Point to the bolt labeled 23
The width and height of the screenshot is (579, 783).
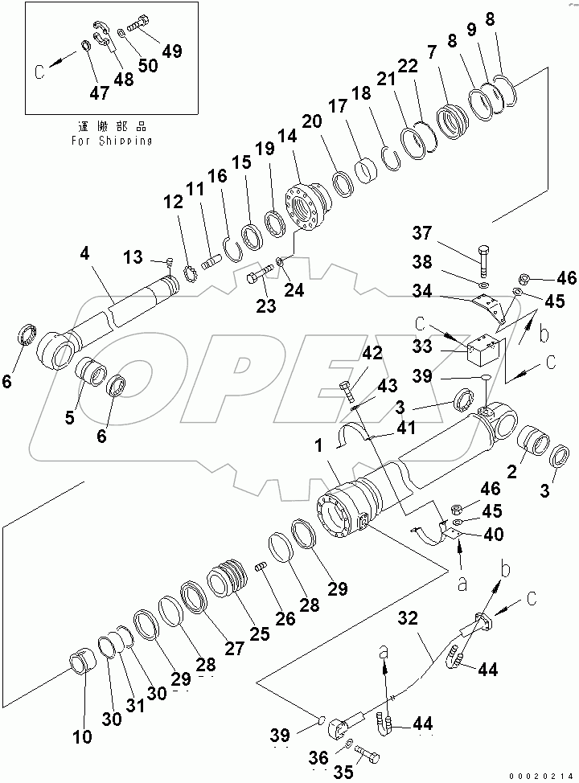point(258,279)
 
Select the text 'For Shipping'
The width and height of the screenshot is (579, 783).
point(111,140)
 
